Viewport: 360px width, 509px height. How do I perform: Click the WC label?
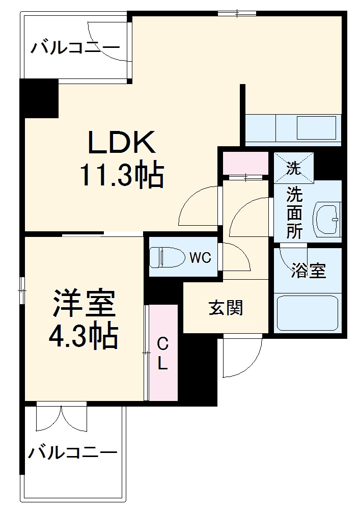200,258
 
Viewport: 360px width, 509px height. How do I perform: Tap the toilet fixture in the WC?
165,257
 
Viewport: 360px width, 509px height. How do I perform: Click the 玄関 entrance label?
226,307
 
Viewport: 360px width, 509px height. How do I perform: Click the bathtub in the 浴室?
307,312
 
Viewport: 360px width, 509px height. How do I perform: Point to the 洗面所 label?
294,212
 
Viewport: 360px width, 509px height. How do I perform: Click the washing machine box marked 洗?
294,168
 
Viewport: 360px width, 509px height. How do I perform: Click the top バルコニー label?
75,48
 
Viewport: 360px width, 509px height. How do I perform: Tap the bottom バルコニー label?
72,451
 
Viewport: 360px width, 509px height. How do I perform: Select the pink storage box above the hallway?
245,163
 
